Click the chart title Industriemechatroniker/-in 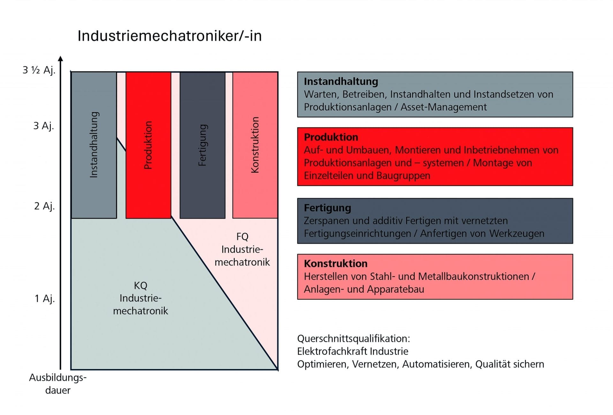point(170,36)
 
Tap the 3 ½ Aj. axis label point(39,70)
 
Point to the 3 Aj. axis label point(44,126)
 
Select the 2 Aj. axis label point(44,206)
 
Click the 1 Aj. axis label point(44,298)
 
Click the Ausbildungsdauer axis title point(58,384)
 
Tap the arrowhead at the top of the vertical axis point(61,59)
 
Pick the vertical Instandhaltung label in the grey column point(94,145)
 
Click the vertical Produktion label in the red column point(148,145)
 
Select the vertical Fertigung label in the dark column point(202,145)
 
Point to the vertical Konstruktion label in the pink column point(255,145)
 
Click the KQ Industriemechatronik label point(140,298)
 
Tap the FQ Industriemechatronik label point(242,249)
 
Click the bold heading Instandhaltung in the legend point(341,82)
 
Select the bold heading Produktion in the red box point(331,137)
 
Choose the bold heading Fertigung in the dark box point(327,208)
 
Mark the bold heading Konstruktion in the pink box point(336,263)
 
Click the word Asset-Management point(443,107)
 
